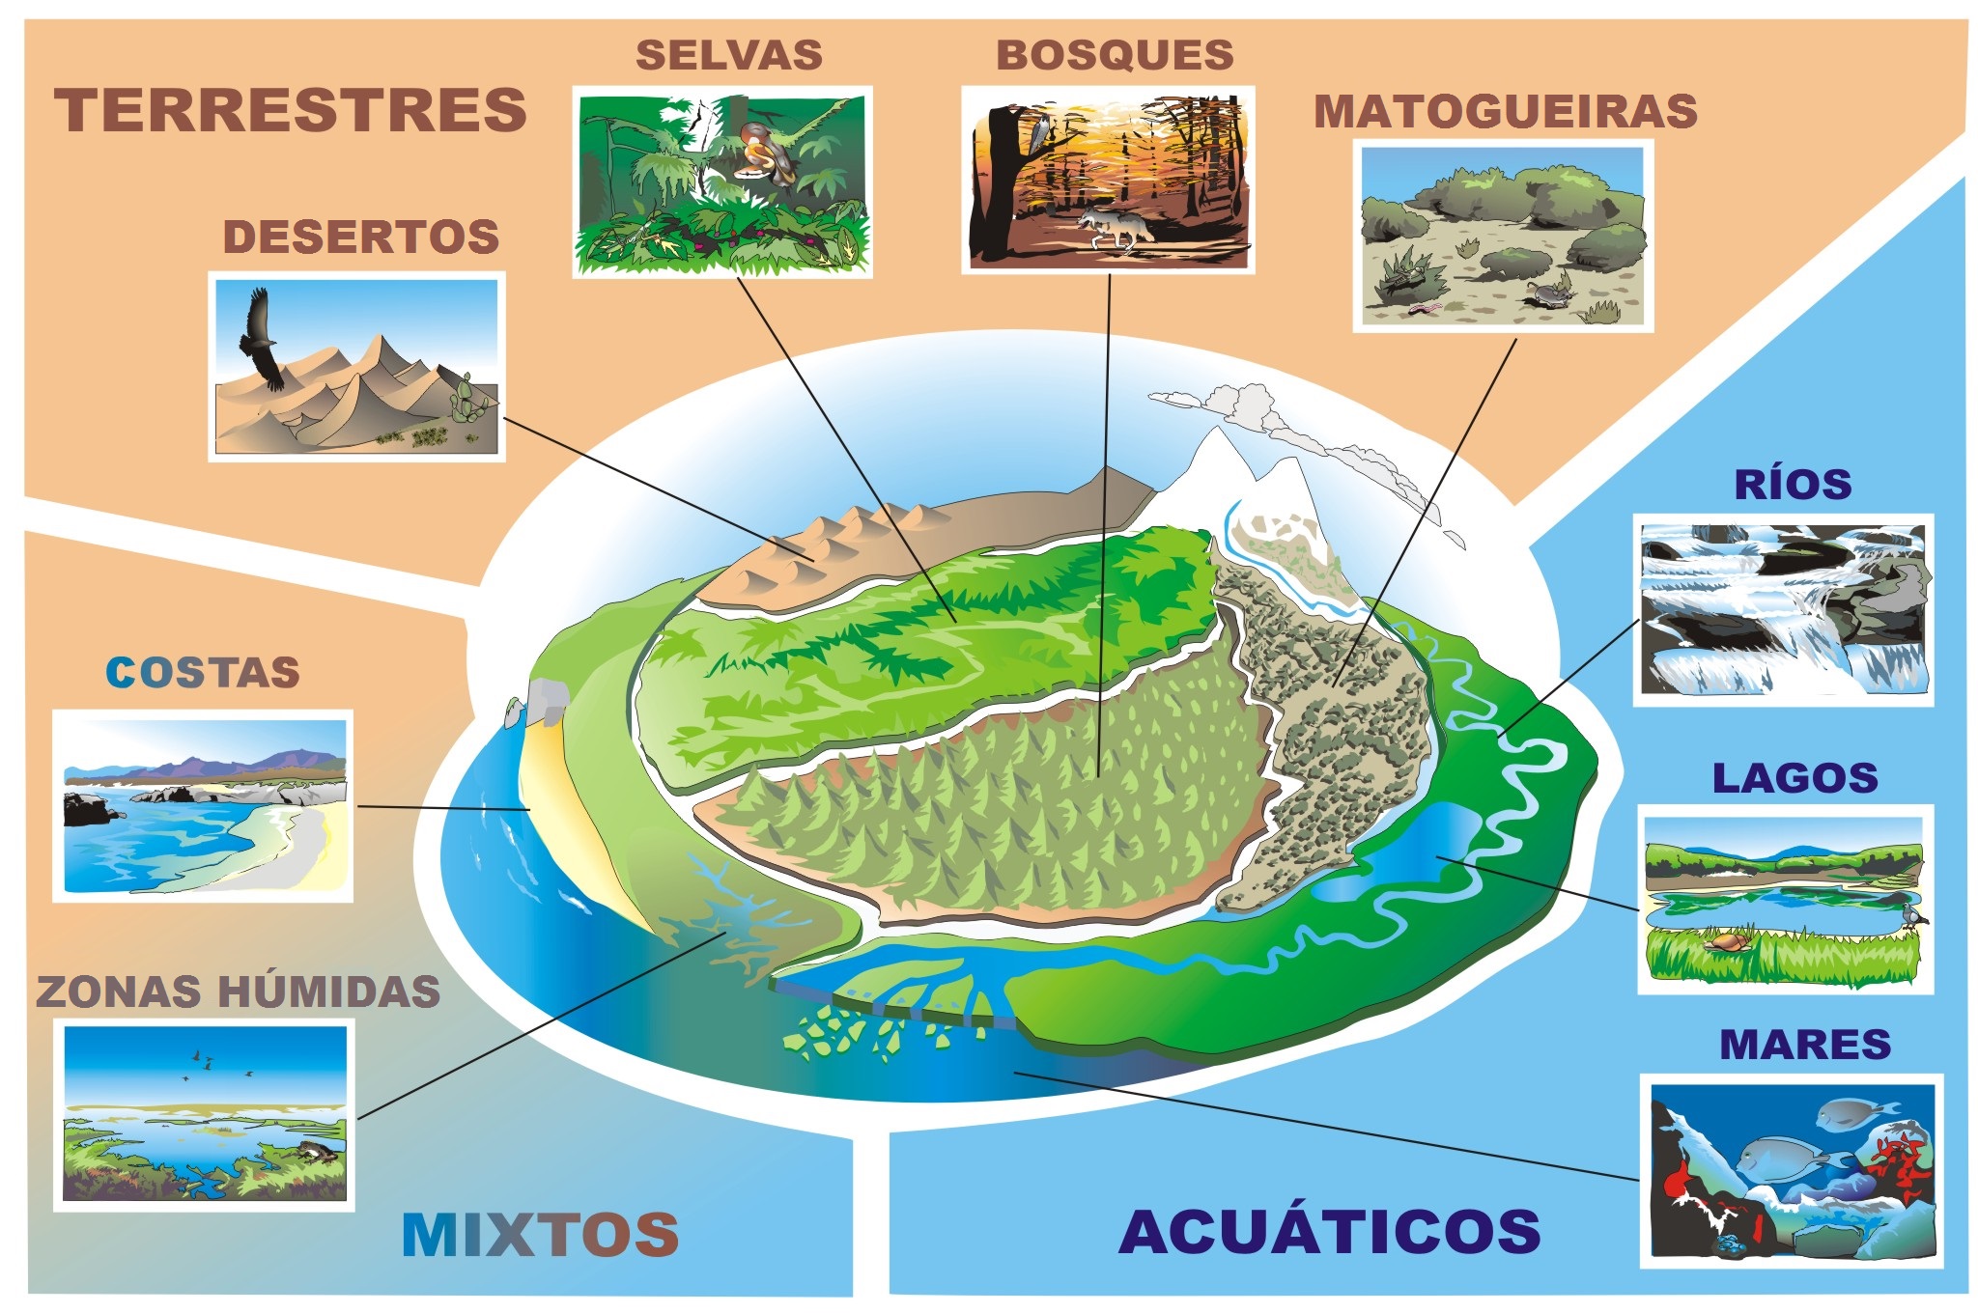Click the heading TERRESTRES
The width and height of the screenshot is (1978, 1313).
[x=290, y=110]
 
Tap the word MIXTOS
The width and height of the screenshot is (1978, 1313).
[x=540, y=1234]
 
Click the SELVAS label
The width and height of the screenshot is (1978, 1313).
[x=729, y=55]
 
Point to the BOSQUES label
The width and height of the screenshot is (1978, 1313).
[x=1115, y=55]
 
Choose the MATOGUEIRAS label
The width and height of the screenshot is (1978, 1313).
[x=1505, y=112]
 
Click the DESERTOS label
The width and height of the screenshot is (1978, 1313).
[x=361, y=237]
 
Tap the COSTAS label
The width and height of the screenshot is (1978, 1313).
[x=203, y=673]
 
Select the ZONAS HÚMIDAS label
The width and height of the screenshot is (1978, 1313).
[x=238, y=992]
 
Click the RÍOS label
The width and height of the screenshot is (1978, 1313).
[x=1793, y=485]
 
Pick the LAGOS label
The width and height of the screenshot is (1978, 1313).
[x=1794, y=778]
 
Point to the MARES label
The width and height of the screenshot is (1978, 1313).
[x=1804, y=1045]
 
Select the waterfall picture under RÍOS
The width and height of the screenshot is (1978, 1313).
[x=1783, y=609]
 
